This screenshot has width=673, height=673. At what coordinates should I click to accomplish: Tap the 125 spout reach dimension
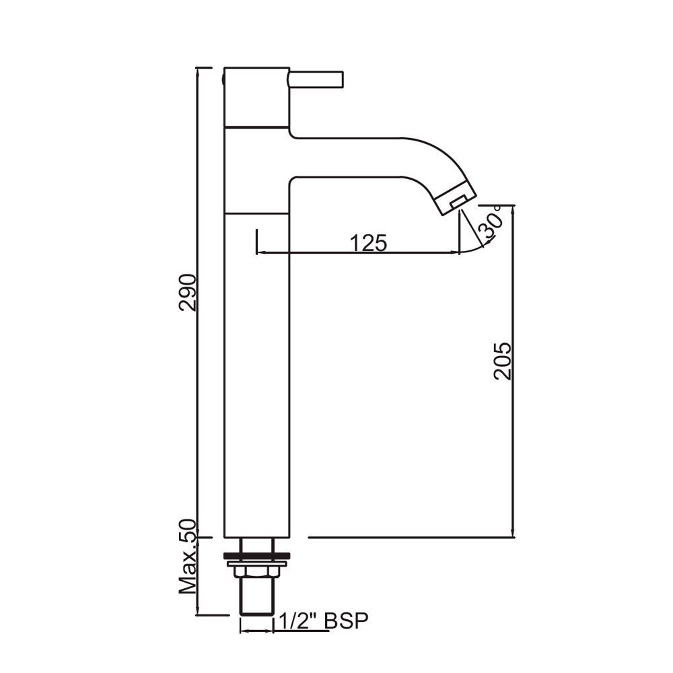[x=369, y=243]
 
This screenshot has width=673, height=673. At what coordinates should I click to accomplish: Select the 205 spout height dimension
[x=503, y=361]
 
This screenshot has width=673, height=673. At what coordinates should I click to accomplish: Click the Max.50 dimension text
[x=188, y=557]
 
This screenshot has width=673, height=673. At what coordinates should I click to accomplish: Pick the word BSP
[x=347, y=621]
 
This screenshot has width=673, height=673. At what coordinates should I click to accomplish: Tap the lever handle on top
[x=316, y=79]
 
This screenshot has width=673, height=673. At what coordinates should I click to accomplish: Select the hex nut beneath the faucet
[x=256, y=571]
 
